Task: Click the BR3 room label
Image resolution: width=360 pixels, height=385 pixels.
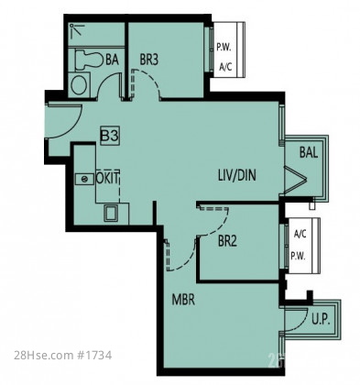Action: point(149,60)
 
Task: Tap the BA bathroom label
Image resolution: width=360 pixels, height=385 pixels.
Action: point(112,60)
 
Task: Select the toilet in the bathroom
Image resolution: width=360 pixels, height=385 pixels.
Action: point(89,60)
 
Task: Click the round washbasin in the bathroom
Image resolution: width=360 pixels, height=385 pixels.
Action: point(79,84)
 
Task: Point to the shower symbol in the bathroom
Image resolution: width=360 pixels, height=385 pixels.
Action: point(77,30)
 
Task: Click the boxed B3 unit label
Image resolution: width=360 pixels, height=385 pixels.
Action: point(110,136)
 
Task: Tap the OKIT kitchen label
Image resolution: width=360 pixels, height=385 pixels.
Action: point(107,178)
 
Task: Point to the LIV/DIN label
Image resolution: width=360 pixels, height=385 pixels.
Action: point(237,175)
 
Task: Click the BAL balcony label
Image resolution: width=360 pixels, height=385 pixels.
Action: point(309,152)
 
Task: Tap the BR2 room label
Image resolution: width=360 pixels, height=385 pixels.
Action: point(227,241)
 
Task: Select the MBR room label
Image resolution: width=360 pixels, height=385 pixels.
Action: point(183,300)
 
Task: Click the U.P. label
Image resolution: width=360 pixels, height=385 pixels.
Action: point(321,319)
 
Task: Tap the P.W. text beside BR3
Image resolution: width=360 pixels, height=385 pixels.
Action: point(224,48)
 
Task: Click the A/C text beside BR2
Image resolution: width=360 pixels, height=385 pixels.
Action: point(300,234)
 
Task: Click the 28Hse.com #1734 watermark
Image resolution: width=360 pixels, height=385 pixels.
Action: point(63,356)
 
